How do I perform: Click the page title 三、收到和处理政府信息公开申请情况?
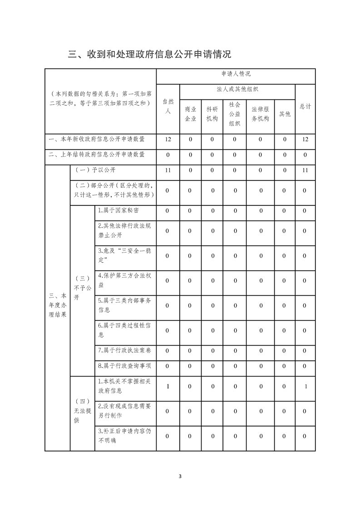pyautogui.click(x=149, y=54)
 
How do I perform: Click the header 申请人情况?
pyautogui.click(x=236, y=73)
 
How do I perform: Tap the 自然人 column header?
pyautogui.click(x=168, y=107)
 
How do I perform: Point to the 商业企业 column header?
pyautogui.click(x=191, y=114)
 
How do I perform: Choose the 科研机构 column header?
pyautogui.click(x=212, y=114)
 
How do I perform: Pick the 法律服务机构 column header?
pyautogui.click(x=261, y=114)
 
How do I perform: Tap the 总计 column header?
pyautogui.click(x=305, y=107)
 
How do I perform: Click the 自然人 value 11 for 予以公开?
pyautogui.click(x=168, y=170)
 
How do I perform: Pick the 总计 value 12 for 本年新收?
pyautogui.click(x=305, y=139)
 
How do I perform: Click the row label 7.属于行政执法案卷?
pyautogui.click(x=124, y=350)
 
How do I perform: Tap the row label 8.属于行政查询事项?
pyautogui.click(x=124, y=366)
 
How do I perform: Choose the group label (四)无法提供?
pyautogui.click(x=82, y=411)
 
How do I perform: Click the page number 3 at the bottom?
pyautogui.click(x=180, y=476)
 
